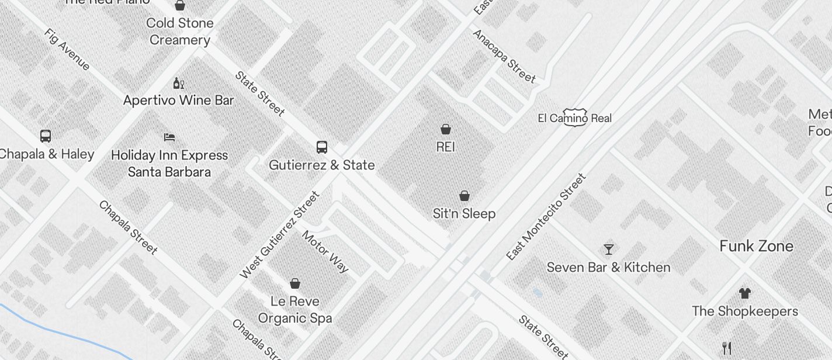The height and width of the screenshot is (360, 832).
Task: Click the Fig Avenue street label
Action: point(67,49)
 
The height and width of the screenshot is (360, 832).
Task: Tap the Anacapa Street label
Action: point(504,56)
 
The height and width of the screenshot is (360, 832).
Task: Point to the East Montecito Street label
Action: point(546,217)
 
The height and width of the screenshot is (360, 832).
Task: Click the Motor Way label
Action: point(325,251)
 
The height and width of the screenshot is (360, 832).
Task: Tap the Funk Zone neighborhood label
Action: point(756,246)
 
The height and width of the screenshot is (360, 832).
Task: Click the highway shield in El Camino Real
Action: point(574,117)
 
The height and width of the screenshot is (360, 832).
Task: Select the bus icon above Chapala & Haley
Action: point(46,136)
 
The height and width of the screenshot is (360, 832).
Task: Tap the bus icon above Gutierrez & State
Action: point(321,147)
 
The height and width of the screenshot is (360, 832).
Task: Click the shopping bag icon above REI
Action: point(446,129)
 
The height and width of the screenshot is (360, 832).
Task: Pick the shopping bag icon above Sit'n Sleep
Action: point(464,196)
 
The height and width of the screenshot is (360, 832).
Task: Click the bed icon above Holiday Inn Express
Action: point(169,137)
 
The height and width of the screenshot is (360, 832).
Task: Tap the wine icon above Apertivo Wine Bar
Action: point(178,84)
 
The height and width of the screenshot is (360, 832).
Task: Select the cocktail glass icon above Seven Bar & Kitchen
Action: point(609,250)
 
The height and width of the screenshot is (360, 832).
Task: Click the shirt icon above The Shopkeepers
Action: point(744,293)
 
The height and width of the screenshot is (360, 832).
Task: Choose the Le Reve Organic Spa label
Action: point(295,310)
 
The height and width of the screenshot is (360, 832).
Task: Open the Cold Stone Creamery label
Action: point(180,32)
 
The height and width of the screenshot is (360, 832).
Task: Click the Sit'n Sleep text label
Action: point(464,214)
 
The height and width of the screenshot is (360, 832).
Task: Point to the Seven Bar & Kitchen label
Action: point(608,268)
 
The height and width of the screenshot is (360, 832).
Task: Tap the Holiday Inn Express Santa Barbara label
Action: point(169,164)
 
